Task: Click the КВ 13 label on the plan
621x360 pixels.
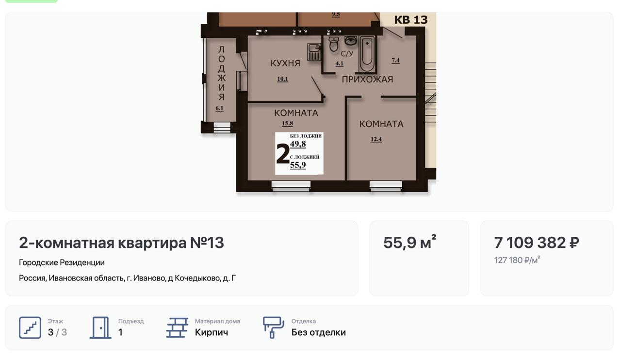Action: point(411,20)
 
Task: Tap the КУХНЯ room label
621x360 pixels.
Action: point(285,63)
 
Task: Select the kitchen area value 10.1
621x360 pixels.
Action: point(282,79)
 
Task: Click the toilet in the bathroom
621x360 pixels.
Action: point(334,44)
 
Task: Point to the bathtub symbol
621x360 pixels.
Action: point(367,54)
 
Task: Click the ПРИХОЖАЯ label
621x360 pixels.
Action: point(367,79)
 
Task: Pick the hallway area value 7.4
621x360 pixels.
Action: point(395,61)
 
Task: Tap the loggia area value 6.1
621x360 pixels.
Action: point(219,109)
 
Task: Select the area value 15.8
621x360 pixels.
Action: point(287,123)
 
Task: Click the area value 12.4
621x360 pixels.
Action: point(376,139)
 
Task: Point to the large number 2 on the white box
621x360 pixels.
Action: point(283,153)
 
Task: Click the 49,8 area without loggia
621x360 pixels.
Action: point(298,144)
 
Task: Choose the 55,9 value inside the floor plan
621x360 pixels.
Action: point(298,165)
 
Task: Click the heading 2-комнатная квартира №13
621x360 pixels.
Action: point(121,243)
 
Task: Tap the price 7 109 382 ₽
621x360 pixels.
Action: point(537,243)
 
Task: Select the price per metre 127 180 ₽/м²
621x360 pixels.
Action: point(517,260)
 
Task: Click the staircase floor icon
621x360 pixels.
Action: point(30,327)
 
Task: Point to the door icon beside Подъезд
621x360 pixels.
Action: point(100,327)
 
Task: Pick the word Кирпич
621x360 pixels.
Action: point(211,332)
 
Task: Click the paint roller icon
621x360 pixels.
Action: point(273,327)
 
